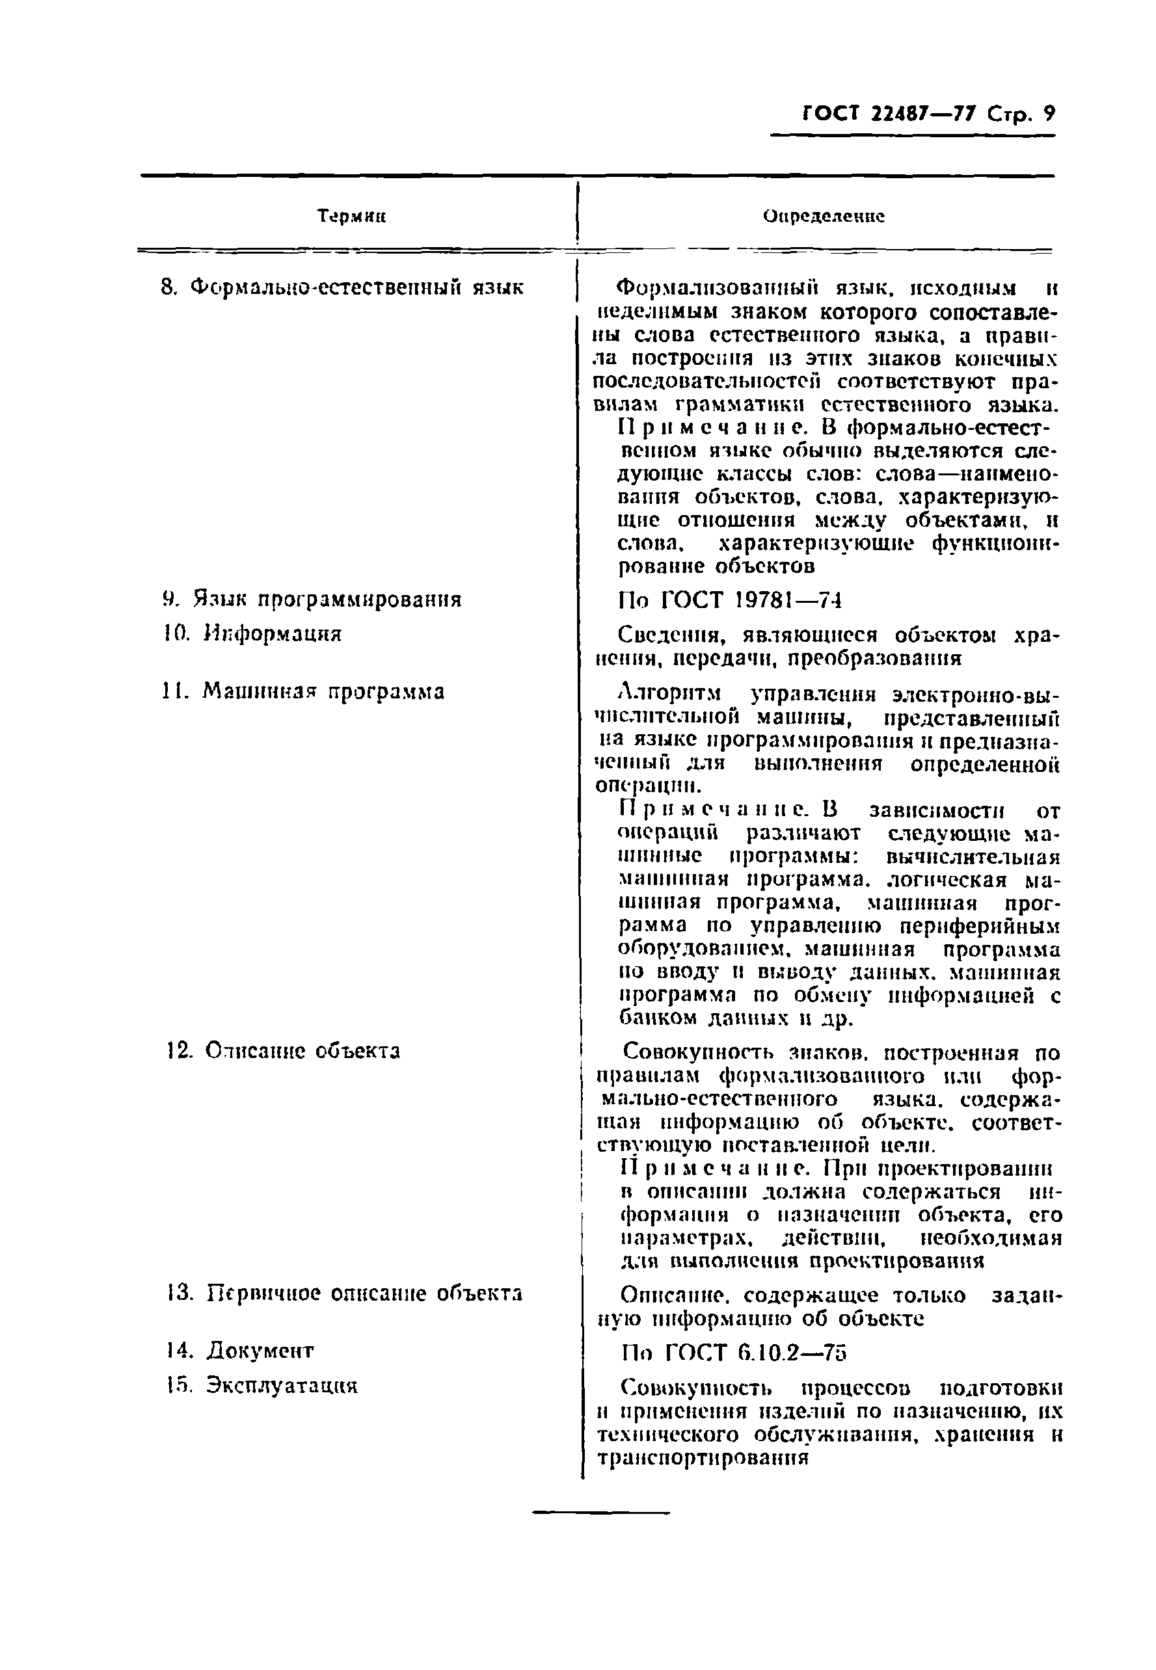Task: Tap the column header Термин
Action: click(x=351, y=217)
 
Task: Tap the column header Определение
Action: click(x=824, y=217)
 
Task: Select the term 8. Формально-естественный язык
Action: click(x=341, y=288)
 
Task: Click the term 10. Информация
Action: click(x=251, y=634)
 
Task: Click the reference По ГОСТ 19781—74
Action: click(x=730, y=601)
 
